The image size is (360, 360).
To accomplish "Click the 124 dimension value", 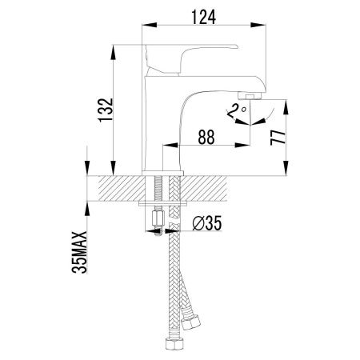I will pyautogui.click(x=204, y=14).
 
